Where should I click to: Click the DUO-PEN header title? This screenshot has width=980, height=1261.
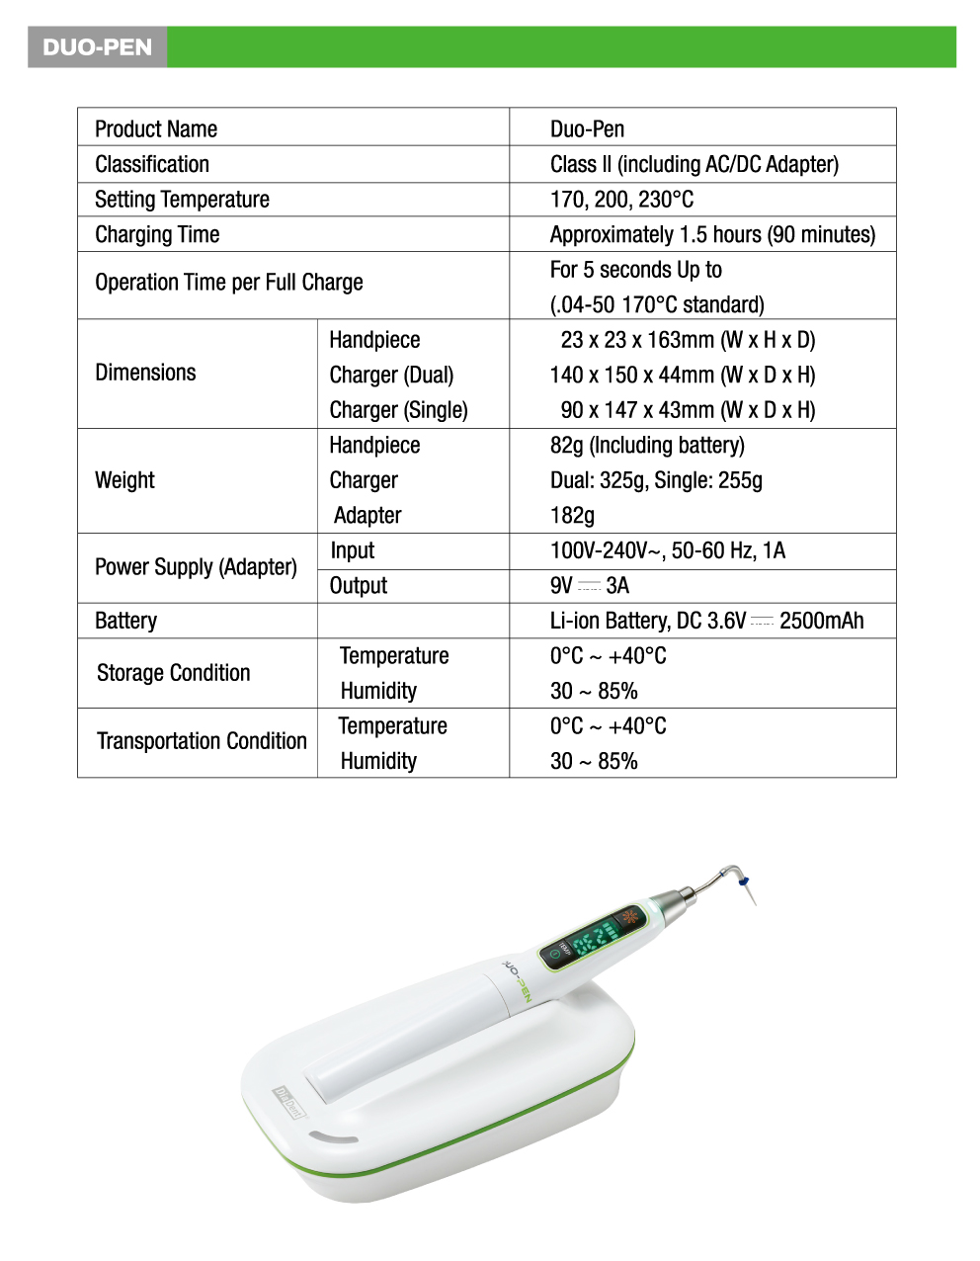[97, 47]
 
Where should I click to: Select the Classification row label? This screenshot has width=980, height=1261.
[152, 164]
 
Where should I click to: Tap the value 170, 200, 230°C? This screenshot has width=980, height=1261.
[621, 200]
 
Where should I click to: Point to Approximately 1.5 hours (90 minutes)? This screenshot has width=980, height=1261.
[712, 234]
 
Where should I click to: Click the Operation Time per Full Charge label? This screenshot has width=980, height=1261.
[229, 283]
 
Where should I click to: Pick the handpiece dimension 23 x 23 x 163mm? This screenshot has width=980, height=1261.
[688, 340]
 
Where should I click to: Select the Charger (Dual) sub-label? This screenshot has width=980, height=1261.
[391, 376]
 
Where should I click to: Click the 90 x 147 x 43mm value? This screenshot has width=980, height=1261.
[688, 410]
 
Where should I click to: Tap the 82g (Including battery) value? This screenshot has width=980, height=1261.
[647, 446]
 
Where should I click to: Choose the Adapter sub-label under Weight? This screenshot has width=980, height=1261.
[367, 516]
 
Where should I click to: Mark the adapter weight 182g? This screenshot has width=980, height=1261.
[572, 516]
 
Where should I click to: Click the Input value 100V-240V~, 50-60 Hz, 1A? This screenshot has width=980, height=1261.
[667, 550]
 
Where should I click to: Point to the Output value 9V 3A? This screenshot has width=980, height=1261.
[589, 586]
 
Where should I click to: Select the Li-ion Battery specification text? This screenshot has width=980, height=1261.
[706, 621]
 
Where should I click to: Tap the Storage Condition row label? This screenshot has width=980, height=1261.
[174, 673]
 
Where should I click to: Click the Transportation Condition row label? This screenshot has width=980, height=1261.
[202, 741]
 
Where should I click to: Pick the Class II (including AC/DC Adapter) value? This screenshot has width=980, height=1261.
[694, 164]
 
